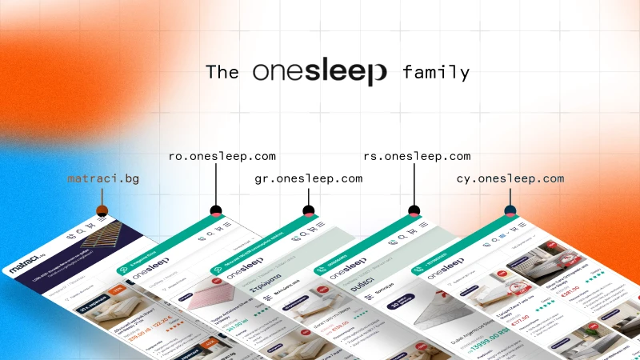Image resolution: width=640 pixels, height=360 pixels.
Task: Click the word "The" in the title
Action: [222, 72]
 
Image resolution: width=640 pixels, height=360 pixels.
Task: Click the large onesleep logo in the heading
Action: [319, 71]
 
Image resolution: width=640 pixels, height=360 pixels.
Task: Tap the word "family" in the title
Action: [436, 72]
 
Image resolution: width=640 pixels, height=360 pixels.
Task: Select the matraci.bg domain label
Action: [103, 178]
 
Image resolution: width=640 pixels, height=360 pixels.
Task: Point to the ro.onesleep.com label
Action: [222, 156]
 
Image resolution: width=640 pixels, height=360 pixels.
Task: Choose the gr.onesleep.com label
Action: [308, 178]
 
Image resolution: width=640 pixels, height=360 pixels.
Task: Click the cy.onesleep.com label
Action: [510, 178]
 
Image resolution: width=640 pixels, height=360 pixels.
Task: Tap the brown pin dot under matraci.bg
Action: [102, 210]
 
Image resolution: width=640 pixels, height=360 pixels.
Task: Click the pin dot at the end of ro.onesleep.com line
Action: [215, 211]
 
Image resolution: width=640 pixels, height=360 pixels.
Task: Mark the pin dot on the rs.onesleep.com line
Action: [414, 211]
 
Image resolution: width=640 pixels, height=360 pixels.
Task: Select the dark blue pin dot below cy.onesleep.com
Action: [510, 211]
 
